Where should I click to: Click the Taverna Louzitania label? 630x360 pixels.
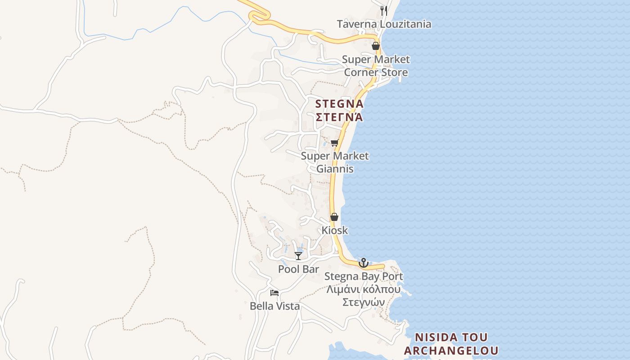pos(384,24)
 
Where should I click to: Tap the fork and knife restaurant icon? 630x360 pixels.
pos(384,10)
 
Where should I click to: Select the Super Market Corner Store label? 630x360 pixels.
pos(376,66)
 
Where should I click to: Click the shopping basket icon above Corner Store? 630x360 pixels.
pos(376,46)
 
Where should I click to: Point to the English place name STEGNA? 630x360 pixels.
pos(339,103)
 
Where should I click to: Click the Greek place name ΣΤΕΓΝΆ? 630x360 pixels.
pos(339,117)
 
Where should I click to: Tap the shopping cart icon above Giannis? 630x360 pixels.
pos(334,143)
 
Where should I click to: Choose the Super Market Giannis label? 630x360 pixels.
pos(335,162)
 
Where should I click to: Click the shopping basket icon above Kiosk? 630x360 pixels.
pos(334,217)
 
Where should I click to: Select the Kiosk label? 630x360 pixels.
pos(334,230)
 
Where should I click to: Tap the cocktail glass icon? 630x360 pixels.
pos(298,256)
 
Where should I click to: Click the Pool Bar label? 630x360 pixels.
pos(298,269)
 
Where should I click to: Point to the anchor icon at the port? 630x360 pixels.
pos(364,263)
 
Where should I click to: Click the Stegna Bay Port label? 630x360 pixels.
pos(364,276)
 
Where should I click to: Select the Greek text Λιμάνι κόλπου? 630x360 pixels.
pos(364,289)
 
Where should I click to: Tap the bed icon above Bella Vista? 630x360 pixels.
pos(274,293)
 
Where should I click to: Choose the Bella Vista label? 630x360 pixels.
pos(274,306)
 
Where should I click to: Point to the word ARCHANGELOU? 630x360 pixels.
pos(451,351)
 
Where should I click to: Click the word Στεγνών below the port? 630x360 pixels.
pos(364,302)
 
